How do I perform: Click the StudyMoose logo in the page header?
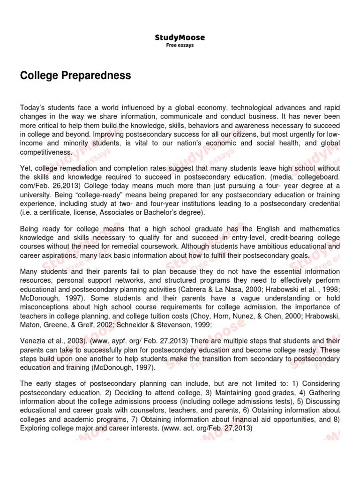[x=180, y=37]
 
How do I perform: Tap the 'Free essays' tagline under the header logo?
[x=180, y=45]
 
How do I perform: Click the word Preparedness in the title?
[x=98, y=75]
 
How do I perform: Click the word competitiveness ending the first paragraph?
[x=46, y=152]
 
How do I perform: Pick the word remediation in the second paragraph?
[x=78, y=168]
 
